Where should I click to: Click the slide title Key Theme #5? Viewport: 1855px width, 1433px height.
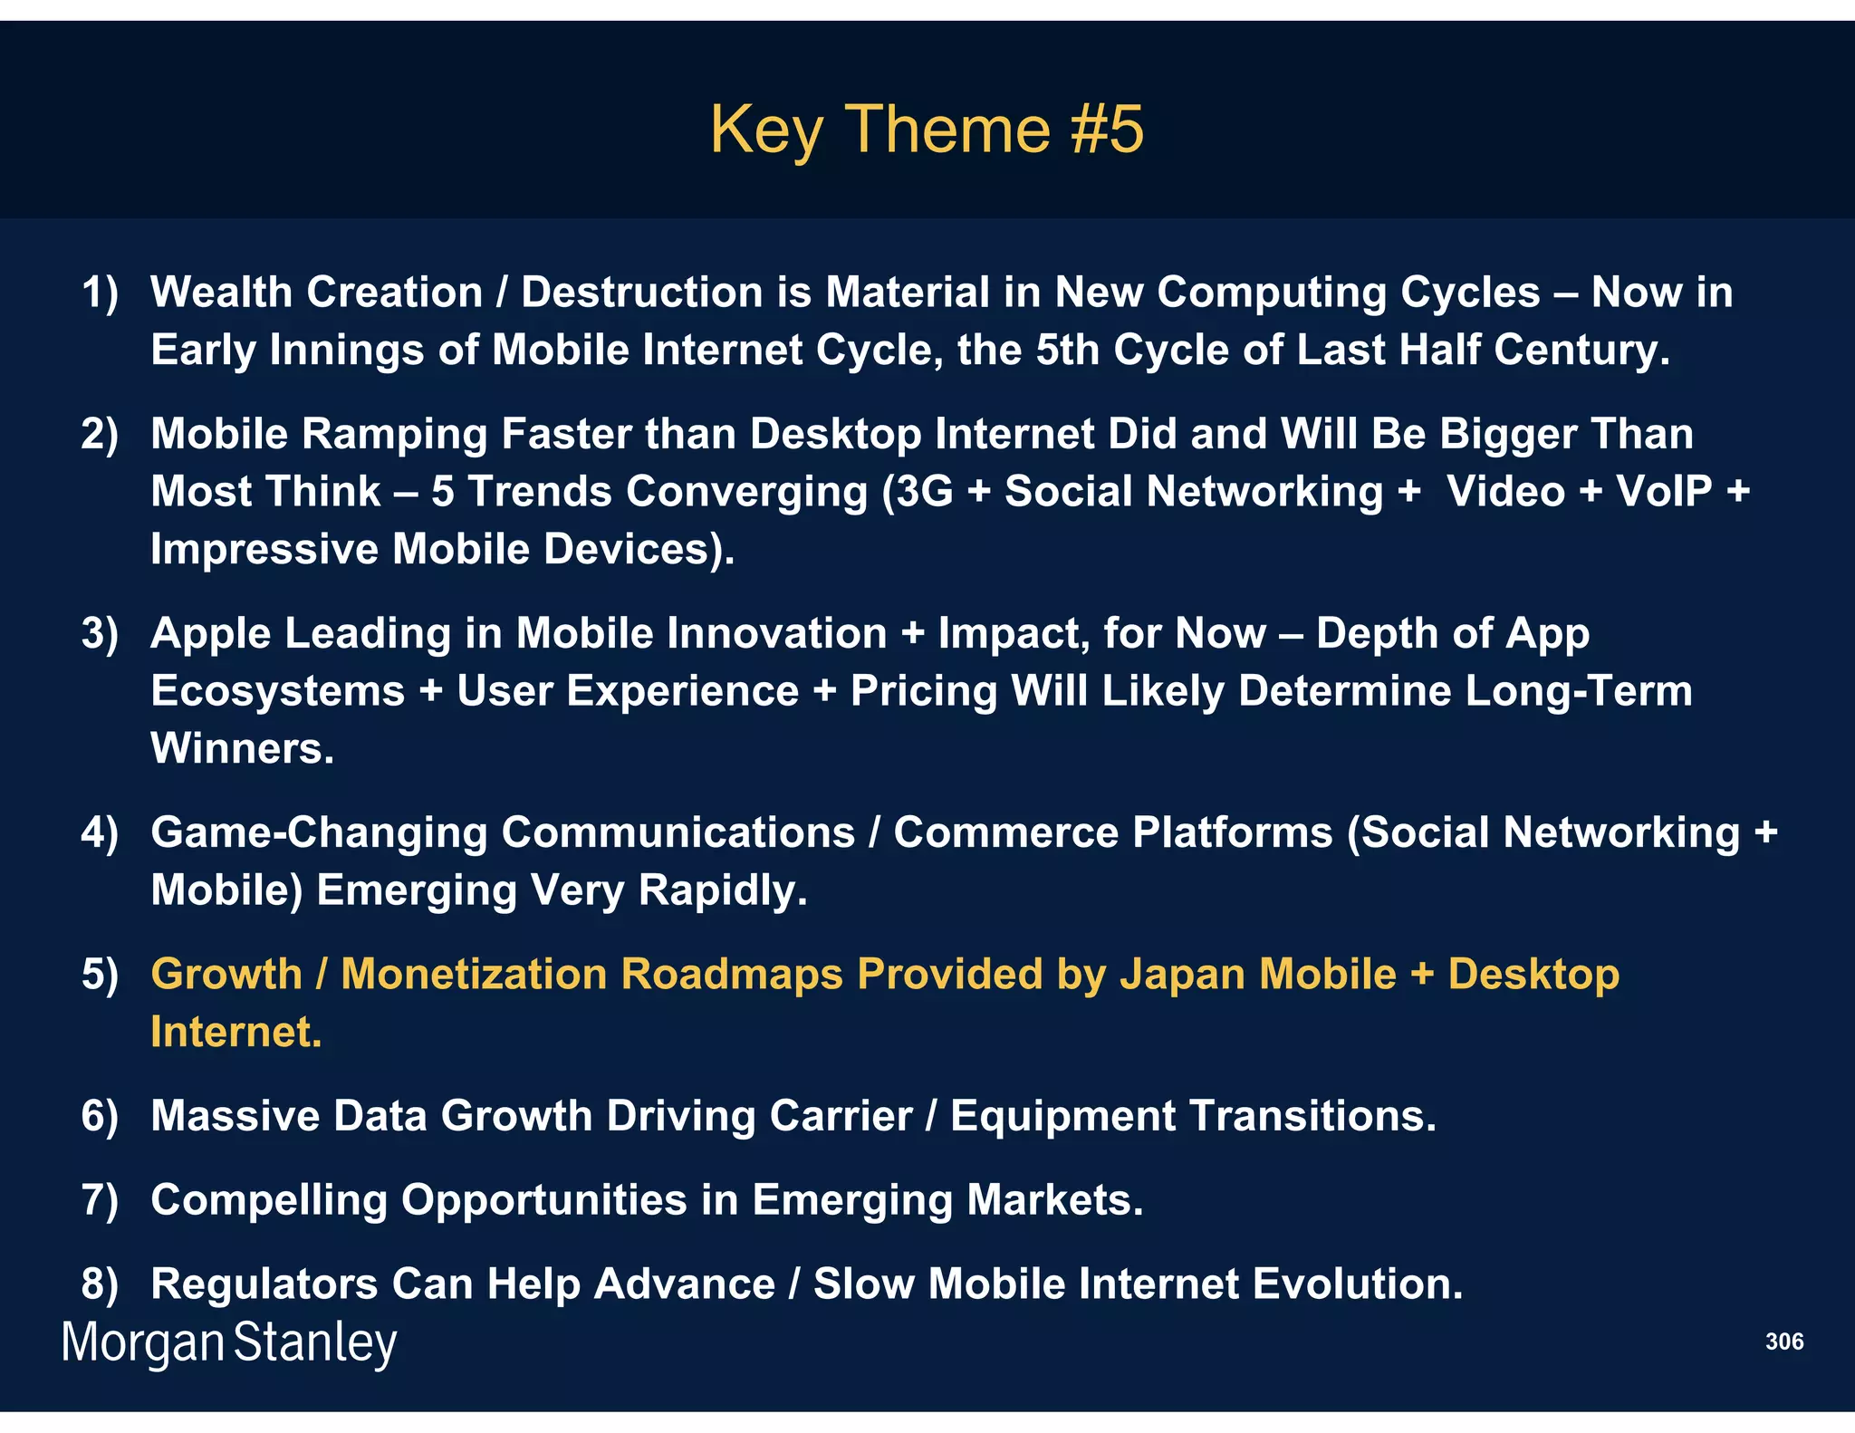[x=927, y=129]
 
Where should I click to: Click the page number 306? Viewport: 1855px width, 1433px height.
[x=1783, y=1342]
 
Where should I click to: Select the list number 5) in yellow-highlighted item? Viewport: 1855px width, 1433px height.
[x=100, y=975]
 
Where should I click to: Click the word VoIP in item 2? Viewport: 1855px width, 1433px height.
[x=1664, y=492]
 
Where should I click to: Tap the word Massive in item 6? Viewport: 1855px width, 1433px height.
[x=235, y=1116]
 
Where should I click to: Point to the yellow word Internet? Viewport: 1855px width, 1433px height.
[x=235, y=1033]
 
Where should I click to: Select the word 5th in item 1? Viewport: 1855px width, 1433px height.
[x=1067, y=350]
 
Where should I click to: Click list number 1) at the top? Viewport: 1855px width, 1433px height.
[x=100, y=293]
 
